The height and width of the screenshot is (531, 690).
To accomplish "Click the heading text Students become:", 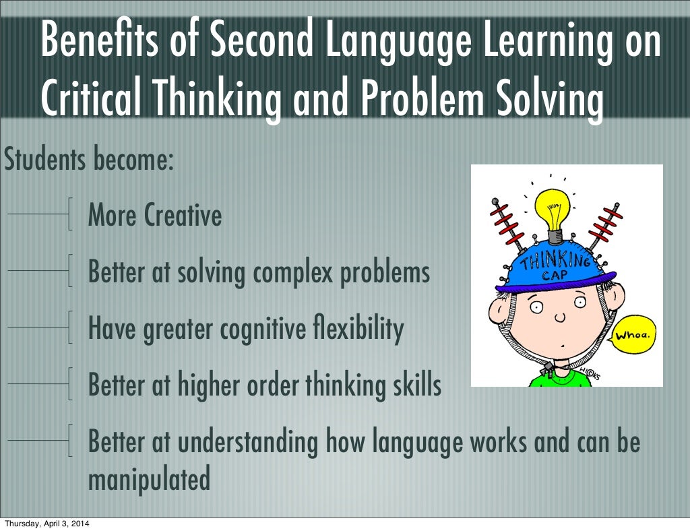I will pos(89,160).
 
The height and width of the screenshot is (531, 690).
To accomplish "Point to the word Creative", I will pos(183,216).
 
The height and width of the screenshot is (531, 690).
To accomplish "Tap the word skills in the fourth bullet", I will pos(416,385).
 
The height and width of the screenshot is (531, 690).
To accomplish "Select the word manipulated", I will pos(149,480).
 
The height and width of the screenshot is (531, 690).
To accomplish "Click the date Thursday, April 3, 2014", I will pos(46,524).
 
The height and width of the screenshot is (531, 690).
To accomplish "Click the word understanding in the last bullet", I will pos(250,442).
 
